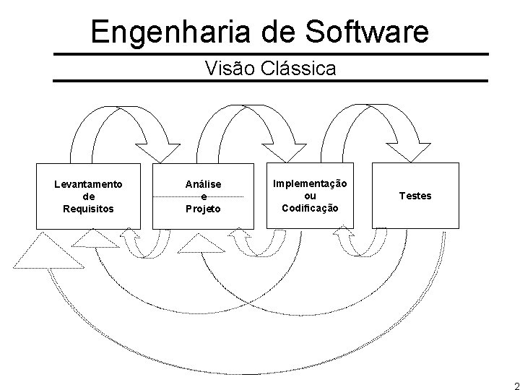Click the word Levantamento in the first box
pyautogui.click(x=88, y=184)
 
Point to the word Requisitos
pyautogui.click(x=88, y=208)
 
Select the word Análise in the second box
pyautogui.click(x=203, y=185)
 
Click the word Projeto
pyautogui.click(x=203, y=209)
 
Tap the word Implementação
pyautogui.click(x=310, y=184)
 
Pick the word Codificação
pyautogui.click(x=310, y=207)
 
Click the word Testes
pyautogui.click(x=415, y=196)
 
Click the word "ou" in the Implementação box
pyautogui.click(x=310, y=196)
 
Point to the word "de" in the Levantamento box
pyautogui.click(x=88, y=196)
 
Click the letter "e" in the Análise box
pyautogui.click(x=203, y=196)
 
